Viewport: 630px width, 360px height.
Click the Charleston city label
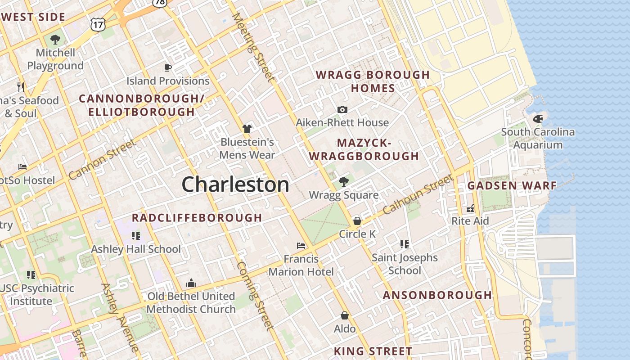235,184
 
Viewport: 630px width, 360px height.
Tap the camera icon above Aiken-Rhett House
342,110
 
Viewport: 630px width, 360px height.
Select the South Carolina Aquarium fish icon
538,119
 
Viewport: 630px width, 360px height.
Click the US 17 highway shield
98,24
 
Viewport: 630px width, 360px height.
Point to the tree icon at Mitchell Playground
55,40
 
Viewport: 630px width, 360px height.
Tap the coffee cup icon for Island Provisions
168,68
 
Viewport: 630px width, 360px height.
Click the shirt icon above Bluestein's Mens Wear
247,129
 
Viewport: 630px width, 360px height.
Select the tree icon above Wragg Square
343,182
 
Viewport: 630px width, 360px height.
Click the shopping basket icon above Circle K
357,221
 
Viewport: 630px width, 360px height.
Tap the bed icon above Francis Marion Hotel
301,246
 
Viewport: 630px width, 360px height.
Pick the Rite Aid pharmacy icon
470,208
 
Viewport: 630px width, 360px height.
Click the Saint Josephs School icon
405,244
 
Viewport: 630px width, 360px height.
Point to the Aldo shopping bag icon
345,315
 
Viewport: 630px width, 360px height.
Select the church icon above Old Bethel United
191,283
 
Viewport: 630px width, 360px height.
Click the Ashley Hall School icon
136,235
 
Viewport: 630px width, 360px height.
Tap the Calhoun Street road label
418,194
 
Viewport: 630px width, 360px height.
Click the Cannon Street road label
102,160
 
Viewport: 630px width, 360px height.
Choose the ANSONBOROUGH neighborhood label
437,295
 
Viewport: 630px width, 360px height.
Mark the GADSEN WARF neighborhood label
512,185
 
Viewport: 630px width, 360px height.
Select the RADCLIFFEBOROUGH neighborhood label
197,218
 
